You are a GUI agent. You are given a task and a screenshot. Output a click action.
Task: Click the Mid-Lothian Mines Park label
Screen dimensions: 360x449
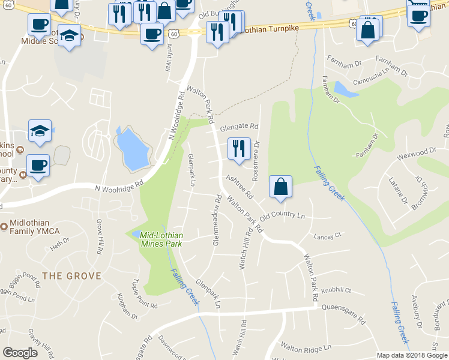click(161, 239)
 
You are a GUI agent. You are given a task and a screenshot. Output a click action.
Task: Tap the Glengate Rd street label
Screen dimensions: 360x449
click(239, 127)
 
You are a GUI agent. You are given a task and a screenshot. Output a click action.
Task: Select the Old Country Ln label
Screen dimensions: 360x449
click(283, 216)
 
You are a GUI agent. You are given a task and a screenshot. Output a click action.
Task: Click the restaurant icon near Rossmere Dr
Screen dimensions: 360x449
click(239, 148)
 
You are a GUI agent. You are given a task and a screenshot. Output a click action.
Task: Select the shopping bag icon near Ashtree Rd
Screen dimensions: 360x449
click(280, 187)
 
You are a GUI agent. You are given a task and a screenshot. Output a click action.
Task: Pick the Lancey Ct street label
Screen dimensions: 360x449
click(327, 236)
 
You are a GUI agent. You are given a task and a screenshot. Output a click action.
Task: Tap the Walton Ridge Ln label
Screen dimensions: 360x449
click(306, 347)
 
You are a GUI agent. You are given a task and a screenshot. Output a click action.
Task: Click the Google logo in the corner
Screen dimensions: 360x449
click(20, 353)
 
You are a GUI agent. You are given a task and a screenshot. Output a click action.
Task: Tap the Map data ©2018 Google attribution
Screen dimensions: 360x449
click(412, 355)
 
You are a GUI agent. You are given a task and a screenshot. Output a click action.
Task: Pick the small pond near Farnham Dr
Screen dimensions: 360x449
click(342, 90)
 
